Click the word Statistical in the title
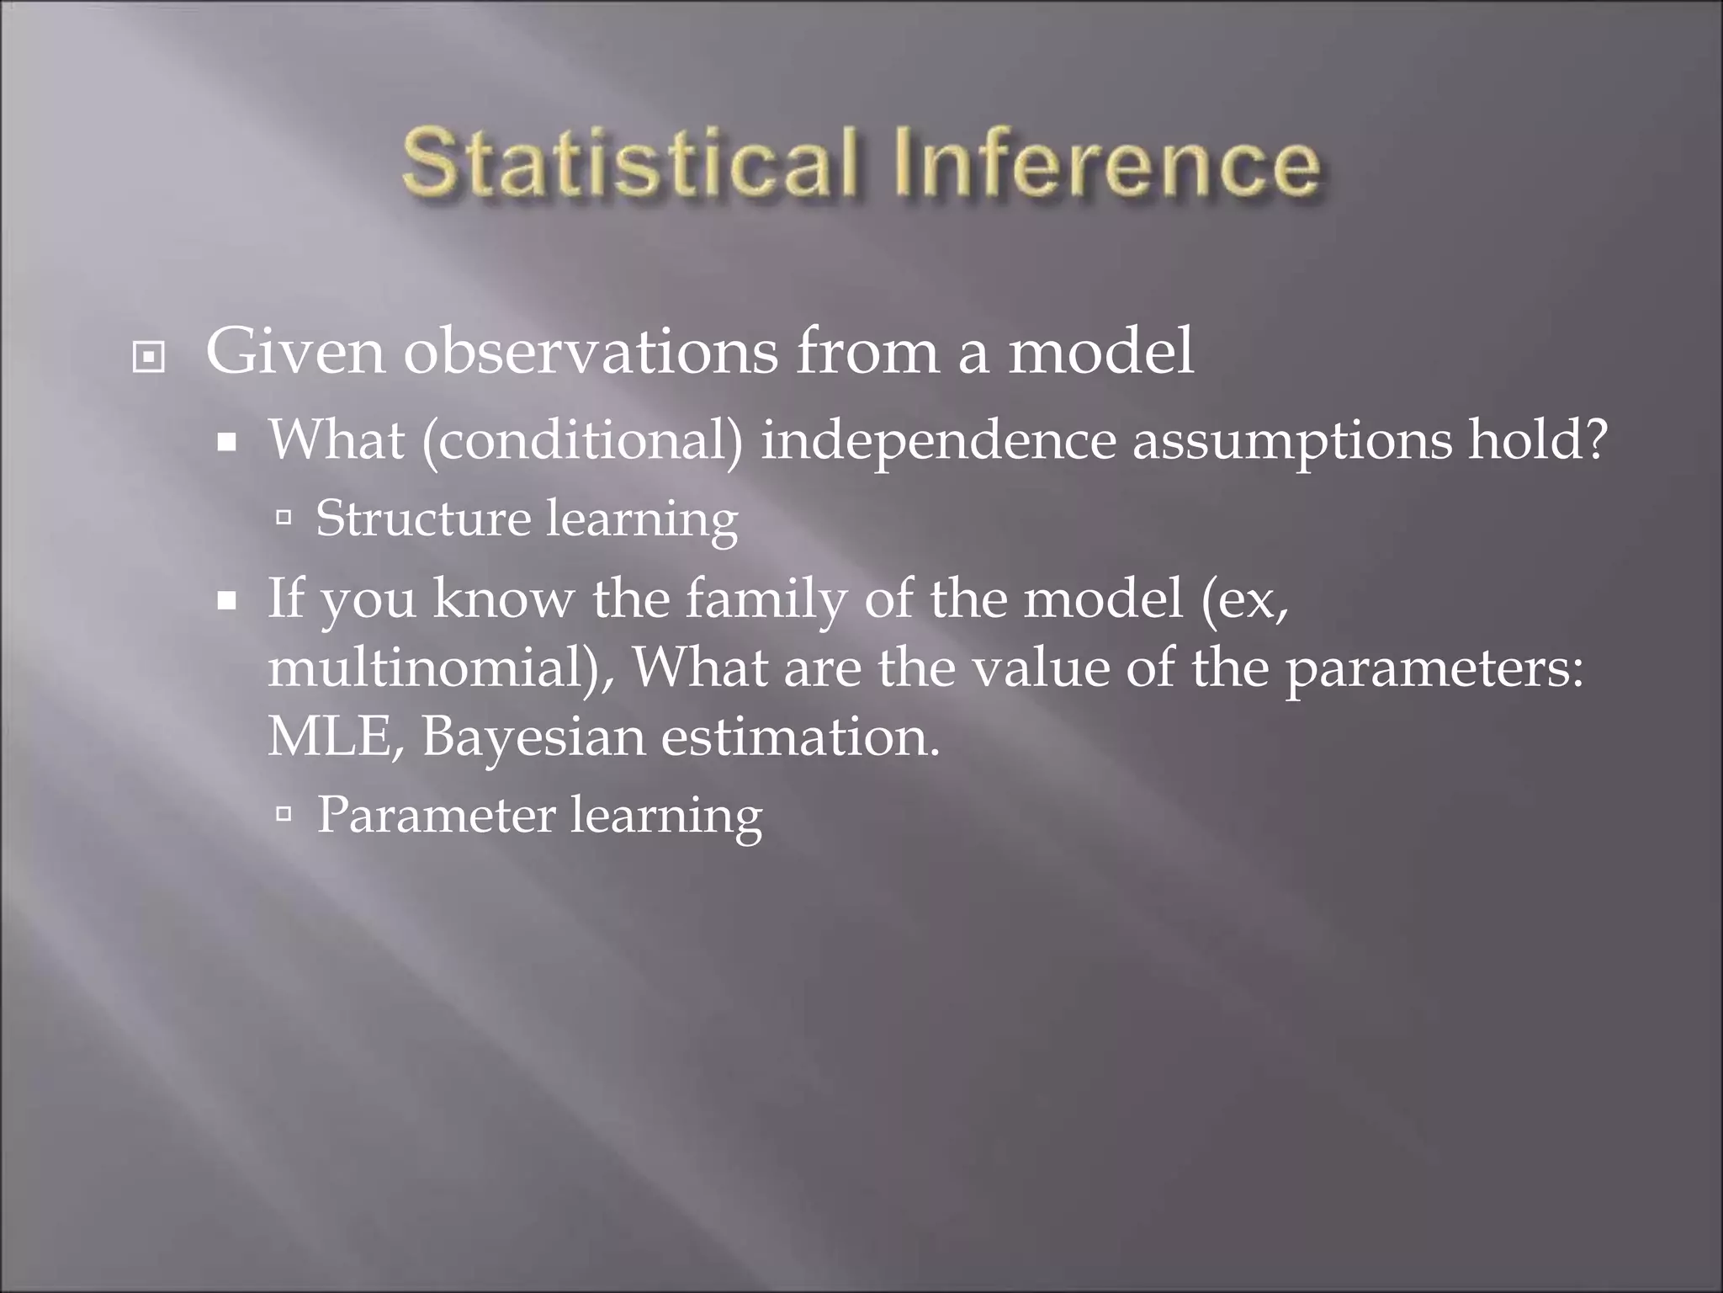tap(630, 162)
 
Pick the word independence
tap(937, 441)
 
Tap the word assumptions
tap(1291, 441)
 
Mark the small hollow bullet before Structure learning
tap(284, 517)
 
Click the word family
tap(765, 600)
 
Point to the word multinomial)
tap(441, 668)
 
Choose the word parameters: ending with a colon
tap(1434, 670)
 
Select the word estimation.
tap(800, 737)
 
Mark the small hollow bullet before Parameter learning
tap(284, 813)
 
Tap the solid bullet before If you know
tap(226, 602)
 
